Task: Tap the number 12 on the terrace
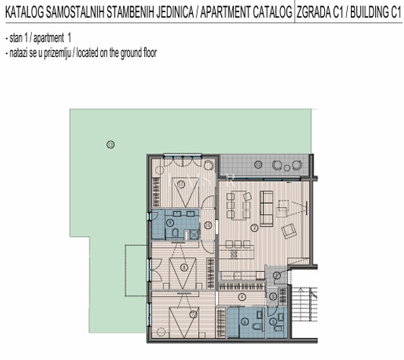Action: click(x=258, y=164)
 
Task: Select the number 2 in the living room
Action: click(x=254, y=227)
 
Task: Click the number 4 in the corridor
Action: click(x=241, y=296)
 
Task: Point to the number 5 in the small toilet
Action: click(x=273, y=322)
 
